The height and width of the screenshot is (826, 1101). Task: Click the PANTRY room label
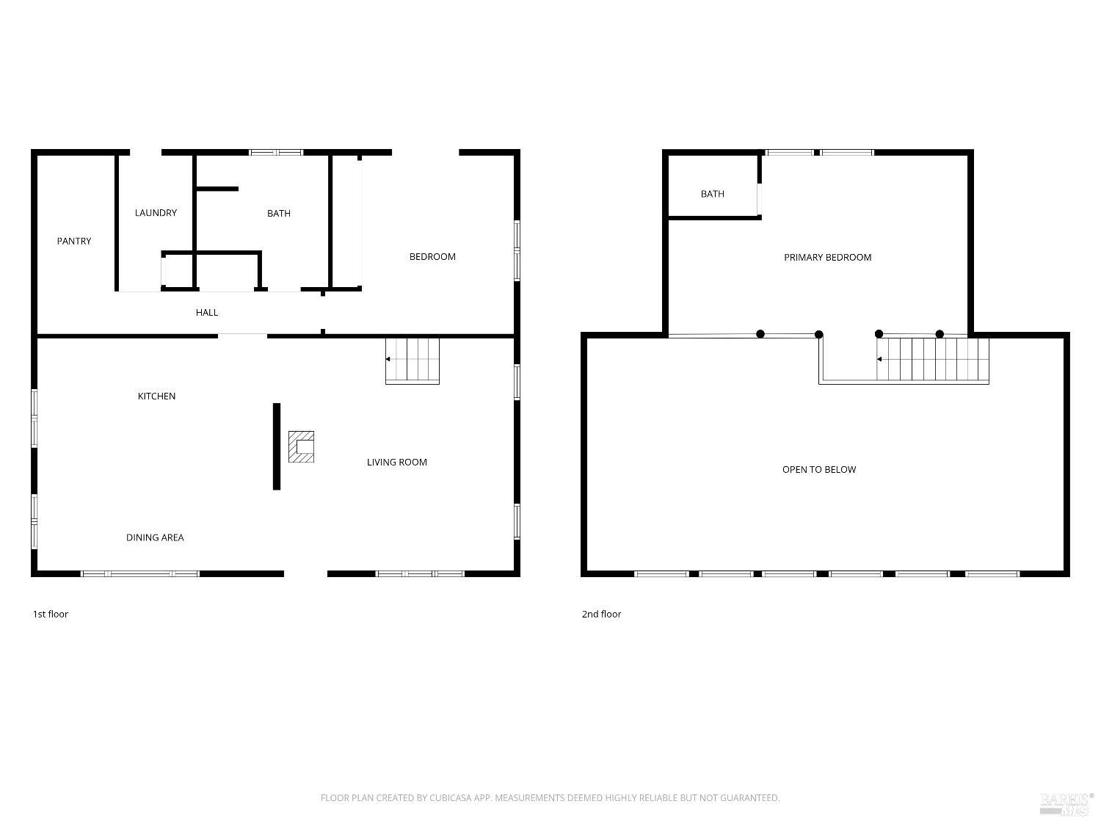[73, 242]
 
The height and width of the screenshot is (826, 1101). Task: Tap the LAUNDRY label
[156, 213]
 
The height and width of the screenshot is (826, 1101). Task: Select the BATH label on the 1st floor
[278, 213]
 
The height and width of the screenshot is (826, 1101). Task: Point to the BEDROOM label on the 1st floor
[432, 257]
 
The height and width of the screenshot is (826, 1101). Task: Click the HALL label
[207, 313]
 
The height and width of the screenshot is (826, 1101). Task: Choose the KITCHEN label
[156, 396]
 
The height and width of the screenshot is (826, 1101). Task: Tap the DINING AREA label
[155, 537]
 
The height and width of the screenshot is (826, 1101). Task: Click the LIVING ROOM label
[397, 463]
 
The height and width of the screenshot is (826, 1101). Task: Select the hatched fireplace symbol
[301, 446]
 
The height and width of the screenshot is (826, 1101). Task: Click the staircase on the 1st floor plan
[413, 361]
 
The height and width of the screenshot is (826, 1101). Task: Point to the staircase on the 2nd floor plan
[932, 359]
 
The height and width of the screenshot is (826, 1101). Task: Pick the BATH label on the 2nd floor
[712, 194]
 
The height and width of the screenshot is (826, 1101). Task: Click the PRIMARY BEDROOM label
[828, 257]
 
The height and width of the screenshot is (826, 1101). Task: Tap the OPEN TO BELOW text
[819, 469]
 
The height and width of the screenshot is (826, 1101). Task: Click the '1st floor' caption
[50, 614]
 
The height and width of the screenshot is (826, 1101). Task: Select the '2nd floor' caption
[601, 614]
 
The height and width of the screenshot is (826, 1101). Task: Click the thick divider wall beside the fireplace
[277, 446]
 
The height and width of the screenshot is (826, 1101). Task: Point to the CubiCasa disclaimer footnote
[550, 798]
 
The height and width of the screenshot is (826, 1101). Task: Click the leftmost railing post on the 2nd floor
[760, 334]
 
